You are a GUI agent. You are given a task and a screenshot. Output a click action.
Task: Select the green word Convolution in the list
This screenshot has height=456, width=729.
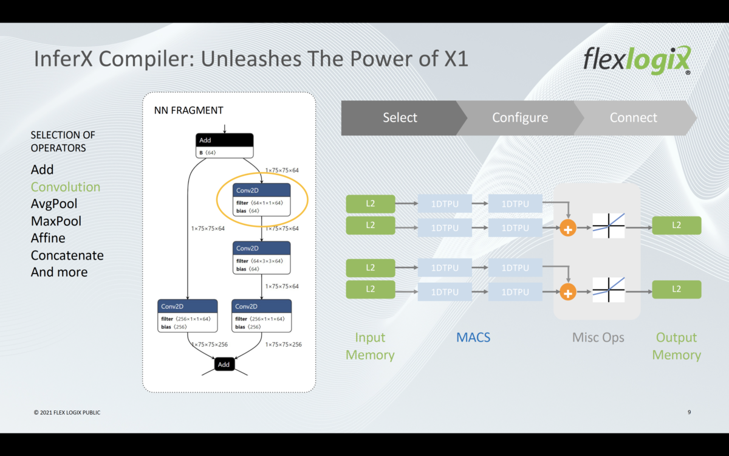(x=66, y=187)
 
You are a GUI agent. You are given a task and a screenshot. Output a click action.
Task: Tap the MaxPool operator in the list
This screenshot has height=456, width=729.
(x=56, y=221)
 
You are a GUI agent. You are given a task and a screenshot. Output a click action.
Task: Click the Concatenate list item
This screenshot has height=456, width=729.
(x=67, y=255)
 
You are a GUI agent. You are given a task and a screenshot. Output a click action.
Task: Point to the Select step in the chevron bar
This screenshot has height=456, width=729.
(x=400, y=118)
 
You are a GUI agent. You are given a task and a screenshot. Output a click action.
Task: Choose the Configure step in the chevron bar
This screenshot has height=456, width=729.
(x=519, y=118)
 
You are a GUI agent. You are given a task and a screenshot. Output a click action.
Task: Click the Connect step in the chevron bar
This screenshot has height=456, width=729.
(x=633, y=118)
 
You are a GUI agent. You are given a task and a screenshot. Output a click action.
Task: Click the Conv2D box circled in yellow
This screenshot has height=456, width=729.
(x=262, y=200)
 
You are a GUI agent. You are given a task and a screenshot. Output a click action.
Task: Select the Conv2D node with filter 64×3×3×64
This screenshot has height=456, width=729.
(x=261, y=258)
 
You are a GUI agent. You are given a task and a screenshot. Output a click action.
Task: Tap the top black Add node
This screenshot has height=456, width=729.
(x=224, y=145)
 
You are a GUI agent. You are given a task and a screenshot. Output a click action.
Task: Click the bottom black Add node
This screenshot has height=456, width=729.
(x=224, y=364)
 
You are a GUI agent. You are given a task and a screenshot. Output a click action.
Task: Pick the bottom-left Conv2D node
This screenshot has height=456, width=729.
(x=187, y=316)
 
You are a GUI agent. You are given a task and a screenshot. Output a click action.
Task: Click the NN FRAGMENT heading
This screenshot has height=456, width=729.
(x=188, y=110)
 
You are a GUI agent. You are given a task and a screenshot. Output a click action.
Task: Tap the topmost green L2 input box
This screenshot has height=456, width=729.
(x=370, y=204)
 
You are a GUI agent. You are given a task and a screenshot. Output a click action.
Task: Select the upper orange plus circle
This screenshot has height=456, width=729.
(x=568, y=229)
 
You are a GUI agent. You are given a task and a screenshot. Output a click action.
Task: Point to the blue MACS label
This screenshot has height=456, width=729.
(x=473, y=337)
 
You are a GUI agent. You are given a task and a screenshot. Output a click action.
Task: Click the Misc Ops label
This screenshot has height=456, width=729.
(x=598, y=337)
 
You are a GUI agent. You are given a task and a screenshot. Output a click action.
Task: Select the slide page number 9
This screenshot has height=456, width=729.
(x=689, y=412)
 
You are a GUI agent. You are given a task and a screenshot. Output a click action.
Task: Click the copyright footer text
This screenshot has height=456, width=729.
(x=67, y=413)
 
